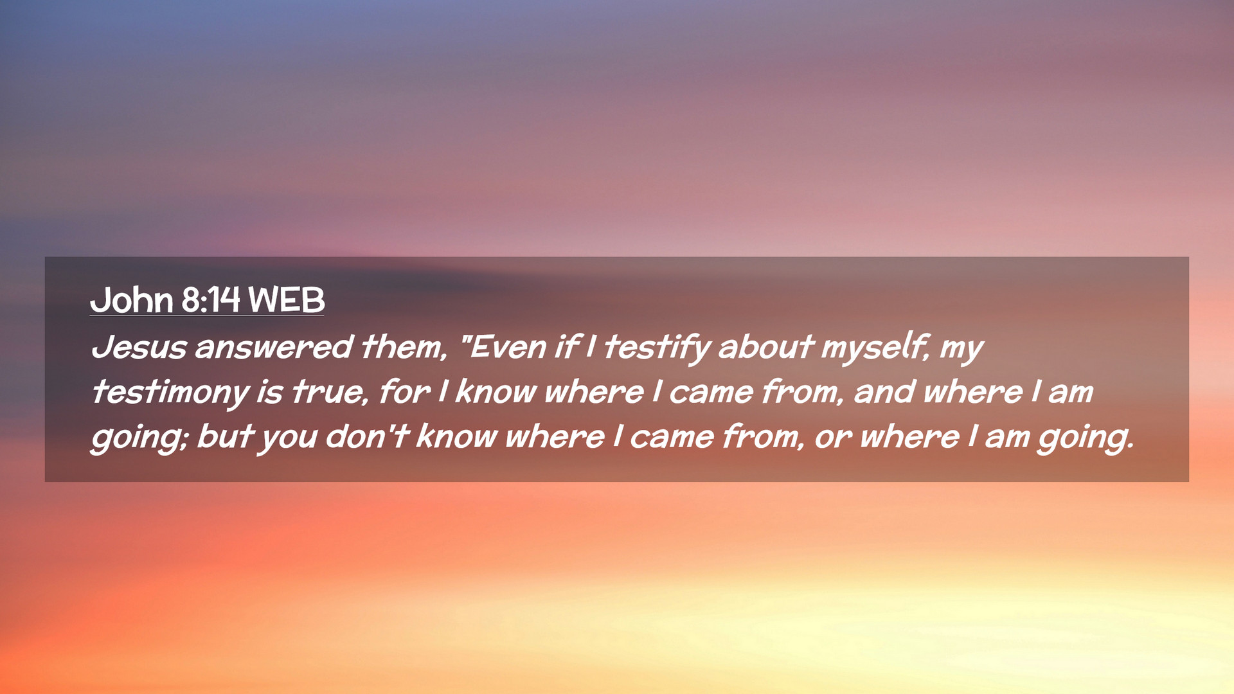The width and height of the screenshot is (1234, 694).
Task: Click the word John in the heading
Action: tap(132, 300)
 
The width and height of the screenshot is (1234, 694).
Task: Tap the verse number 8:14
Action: tap(211, 300)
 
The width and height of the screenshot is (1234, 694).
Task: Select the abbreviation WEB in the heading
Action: tap(287, 300)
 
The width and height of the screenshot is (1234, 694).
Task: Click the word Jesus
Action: tap(139, 347)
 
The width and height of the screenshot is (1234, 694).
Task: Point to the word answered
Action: tap(274, 347)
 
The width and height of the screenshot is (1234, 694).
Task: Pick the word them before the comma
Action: tap(402, 347)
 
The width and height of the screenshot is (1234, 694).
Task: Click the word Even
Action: tap(508, 347)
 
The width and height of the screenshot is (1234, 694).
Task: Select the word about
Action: tap(765, 347)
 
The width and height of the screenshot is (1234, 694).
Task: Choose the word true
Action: tap(327, 392)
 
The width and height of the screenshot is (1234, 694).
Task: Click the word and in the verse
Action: tap(884, 391)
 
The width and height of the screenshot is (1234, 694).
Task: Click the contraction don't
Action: tap(367, 436)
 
